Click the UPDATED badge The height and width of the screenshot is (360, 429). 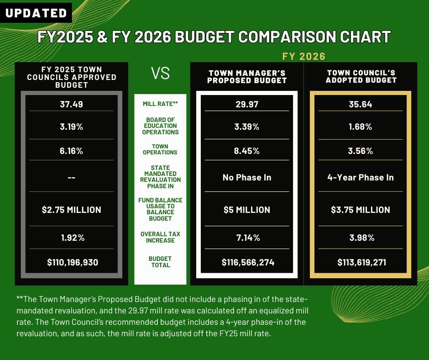[x=36, y=13]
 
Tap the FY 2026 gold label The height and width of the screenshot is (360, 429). [x=303, y=57]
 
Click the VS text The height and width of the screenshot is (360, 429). [x=160, y=74]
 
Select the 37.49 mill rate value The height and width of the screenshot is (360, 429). [x=71, y=104]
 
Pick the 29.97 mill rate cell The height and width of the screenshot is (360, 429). [x=247, y=104]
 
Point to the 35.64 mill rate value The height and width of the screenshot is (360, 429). [x=361, y=104]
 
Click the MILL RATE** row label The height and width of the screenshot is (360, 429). [x=160, y=104]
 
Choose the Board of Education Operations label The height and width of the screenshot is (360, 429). [x=160, y=126]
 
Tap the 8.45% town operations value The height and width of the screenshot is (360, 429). [x=247, y=151]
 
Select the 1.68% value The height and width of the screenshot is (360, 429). [x=361, y=127]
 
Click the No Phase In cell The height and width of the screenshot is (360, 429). [x=247, y=177]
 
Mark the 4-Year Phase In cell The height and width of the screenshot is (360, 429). [x=361, y=177]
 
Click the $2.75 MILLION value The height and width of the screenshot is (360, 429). [x=71, y=210]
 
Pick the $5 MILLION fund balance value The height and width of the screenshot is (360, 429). [x=247, y=210]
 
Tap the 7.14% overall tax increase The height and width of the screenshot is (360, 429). [x=247, y=238]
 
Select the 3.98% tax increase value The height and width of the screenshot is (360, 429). [x=361, y=238]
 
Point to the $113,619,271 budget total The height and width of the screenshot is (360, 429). [x=361, y=262]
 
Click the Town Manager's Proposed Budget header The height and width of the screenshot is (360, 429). [x=247, y=77]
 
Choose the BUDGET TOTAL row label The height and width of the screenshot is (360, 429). [x=160, y=262]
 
